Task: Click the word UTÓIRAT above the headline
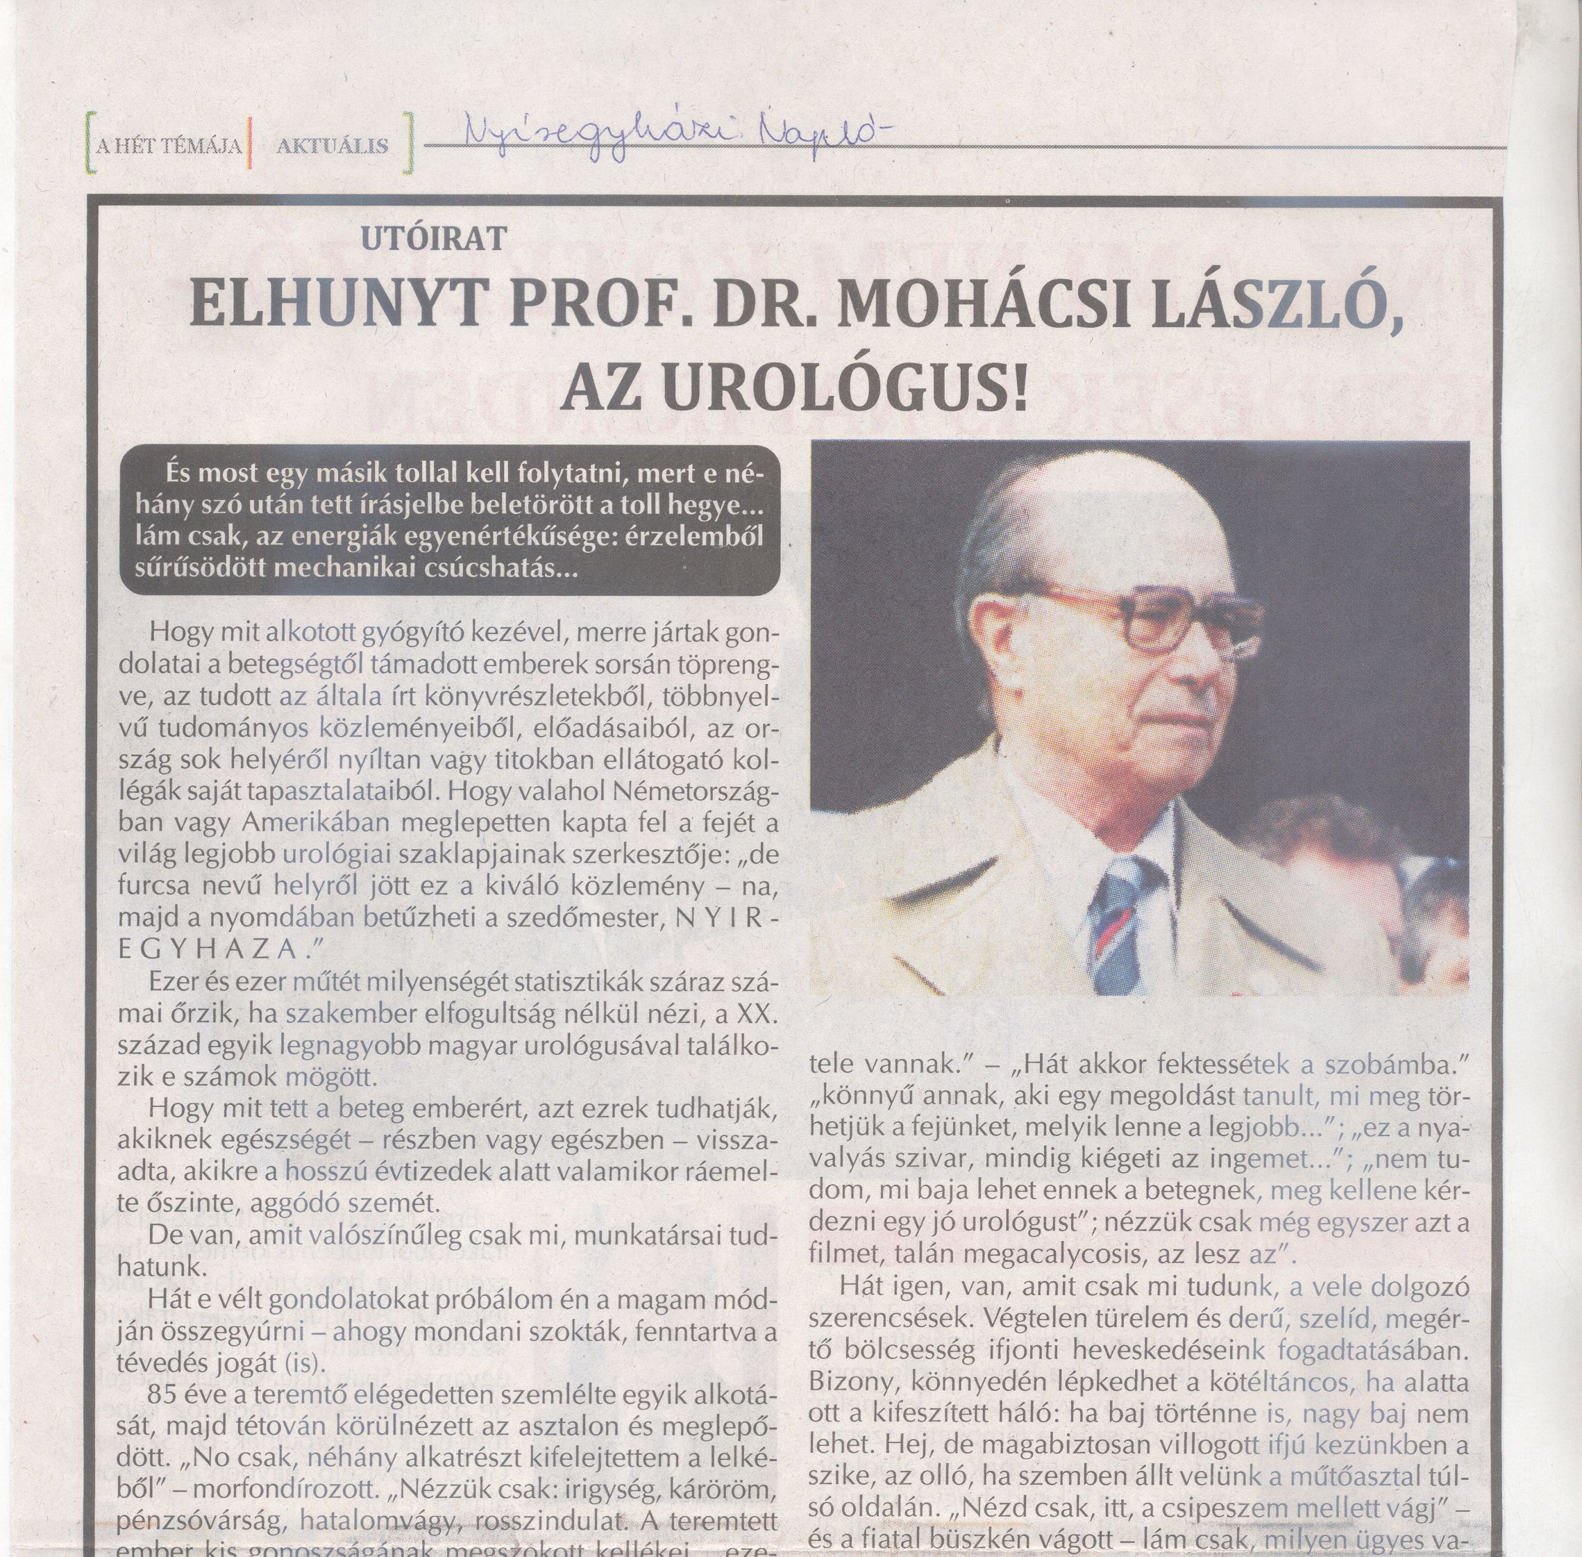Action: coord(431,238)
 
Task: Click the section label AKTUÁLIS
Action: coord(331,147)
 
